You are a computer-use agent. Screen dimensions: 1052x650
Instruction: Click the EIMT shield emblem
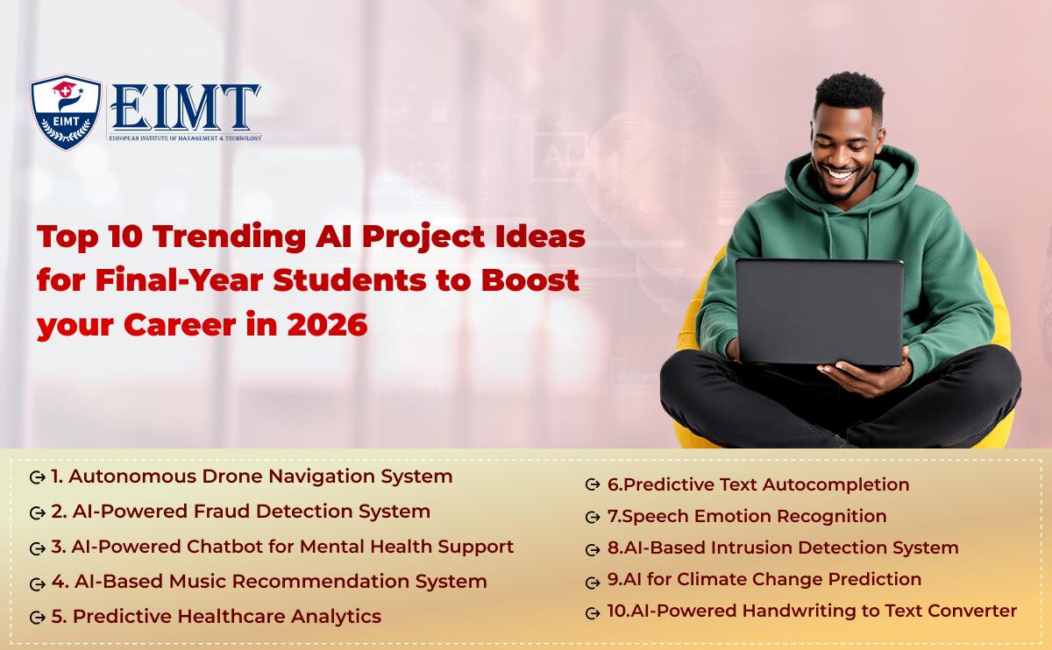click(x=66, y=112)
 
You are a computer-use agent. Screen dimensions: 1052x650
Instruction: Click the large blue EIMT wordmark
click(x=185, y=108)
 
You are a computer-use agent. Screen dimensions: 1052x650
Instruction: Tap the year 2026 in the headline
click(x=327, y=324)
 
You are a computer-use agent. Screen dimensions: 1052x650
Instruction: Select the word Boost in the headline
click(x=530, y=280)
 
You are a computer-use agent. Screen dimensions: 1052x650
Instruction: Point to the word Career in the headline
click(x=180, y=324)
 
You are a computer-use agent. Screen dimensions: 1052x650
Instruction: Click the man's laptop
click(x=820, y=312)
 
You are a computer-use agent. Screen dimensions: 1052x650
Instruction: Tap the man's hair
click(x=849, y=93)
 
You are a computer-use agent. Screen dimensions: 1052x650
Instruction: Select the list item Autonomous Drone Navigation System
click(x=252, y=477)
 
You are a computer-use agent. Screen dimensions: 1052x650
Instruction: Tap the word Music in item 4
click(x=197, y=582)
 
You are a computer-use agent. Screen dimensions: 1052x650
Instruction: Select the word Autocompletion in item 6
click(x=836, y=484)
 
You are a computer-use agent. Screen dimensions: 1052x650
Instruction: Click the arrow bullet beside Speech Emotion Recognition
click(x=593, y=517)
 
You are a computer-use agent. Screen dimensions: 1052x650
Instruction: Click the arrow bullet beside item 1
click(x=37, y=477)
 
